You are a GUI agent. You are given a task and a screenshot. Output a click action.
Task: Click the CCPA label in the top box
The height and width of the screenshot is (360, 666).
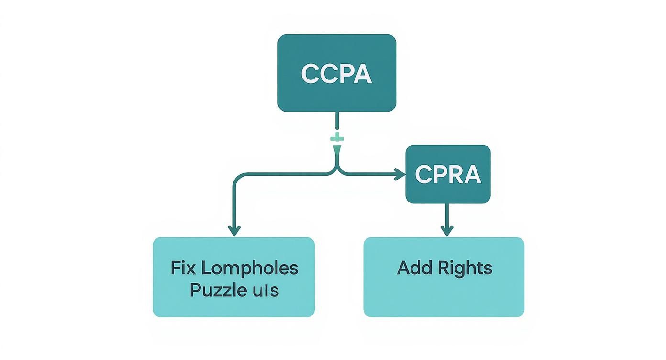click(336, 74)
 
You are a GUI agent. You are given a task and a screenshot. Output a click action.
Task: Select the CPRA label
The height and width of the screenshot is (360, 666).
click(447, 175)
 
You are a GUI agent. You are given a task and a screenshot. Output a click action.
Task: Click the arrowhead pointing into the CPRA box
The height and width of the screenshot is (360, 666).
click(400, 175)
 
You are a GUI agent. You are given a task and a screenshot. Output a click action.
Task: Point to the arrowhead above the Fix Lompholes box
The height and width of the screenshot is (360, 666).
click(233, 231)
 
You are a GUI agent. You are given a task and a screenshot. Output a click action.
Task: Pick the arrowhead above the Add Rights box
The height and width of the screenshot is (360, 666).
click(446, 231)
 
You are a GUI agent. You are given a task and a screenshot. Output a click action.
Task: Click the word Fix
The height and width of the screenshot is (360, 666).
click(183, 268)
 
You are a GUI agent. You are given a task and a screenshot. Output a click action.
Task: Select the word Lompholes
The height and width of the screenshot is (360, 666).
click(249, 268)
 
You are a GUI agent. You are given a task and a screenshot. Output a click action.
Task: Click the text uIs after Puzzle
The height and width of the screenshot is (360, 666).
click(267, 290)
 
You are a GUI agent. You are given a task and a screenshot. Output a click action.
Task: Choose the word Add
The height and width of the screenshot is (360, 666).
click(412, 268)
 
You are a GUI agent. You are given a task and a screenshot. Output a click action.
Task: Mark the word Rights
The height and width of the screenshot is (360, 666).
click(465, 268)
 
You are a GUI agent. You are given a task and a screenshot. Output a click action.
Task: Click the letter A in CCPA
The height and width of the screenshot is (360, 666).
click(362, 74)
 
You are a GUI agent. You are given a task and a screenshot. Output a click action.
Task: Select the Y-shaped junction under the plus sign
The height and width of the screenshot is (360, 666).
click(337, 163)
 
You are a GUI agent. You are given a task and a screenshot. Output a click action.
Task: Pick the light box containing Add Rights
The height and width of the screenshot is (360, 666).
click(444, 297)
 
